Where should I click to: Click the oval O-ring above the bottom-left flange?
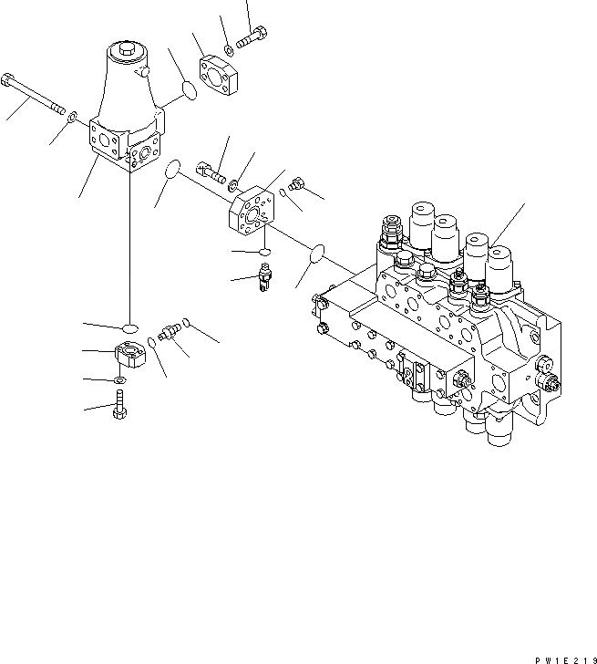[129, 327]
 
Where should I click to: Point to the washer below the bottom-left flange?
[120, 380]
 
